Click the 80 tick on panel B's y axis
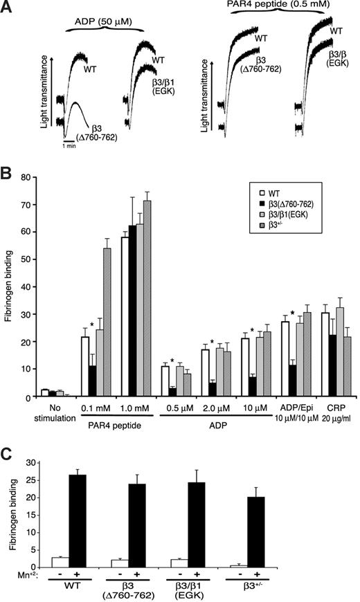click(34, 177)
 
